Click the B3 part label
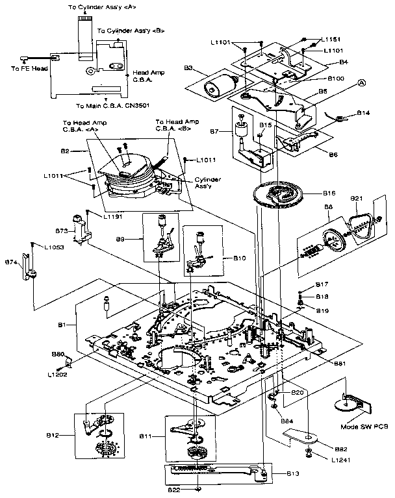(x=190, y=68)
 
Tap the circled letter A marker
(x=362, y=82)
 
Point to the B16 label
(x=330, y=193)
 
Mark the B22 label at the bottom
(x=174, y=490)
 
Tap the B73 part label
(x=62, y=230)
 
